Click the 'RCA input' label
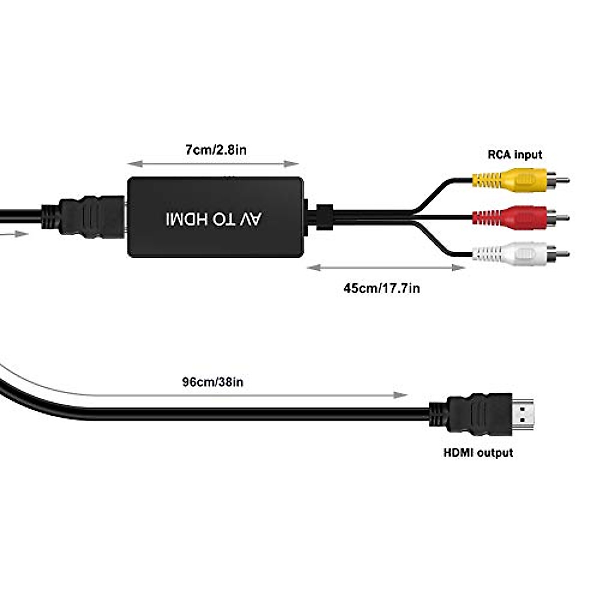(514, 155)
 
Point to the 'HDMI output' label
(478, 453)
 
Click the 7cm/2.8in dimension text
(216, 150)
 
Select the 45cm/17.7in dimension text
(381, 288)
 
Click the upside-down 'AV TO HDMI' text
(215, 219)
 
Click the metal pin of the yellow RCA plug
(562, 180)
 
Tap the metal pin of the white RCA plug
(562, 254)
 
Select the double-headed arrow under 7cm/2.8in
(213, 164)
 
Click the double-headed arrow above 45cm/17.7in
(385, 268)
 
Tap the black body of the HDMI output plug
(479, 415)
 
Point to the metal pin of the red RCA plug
(562, 218)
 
